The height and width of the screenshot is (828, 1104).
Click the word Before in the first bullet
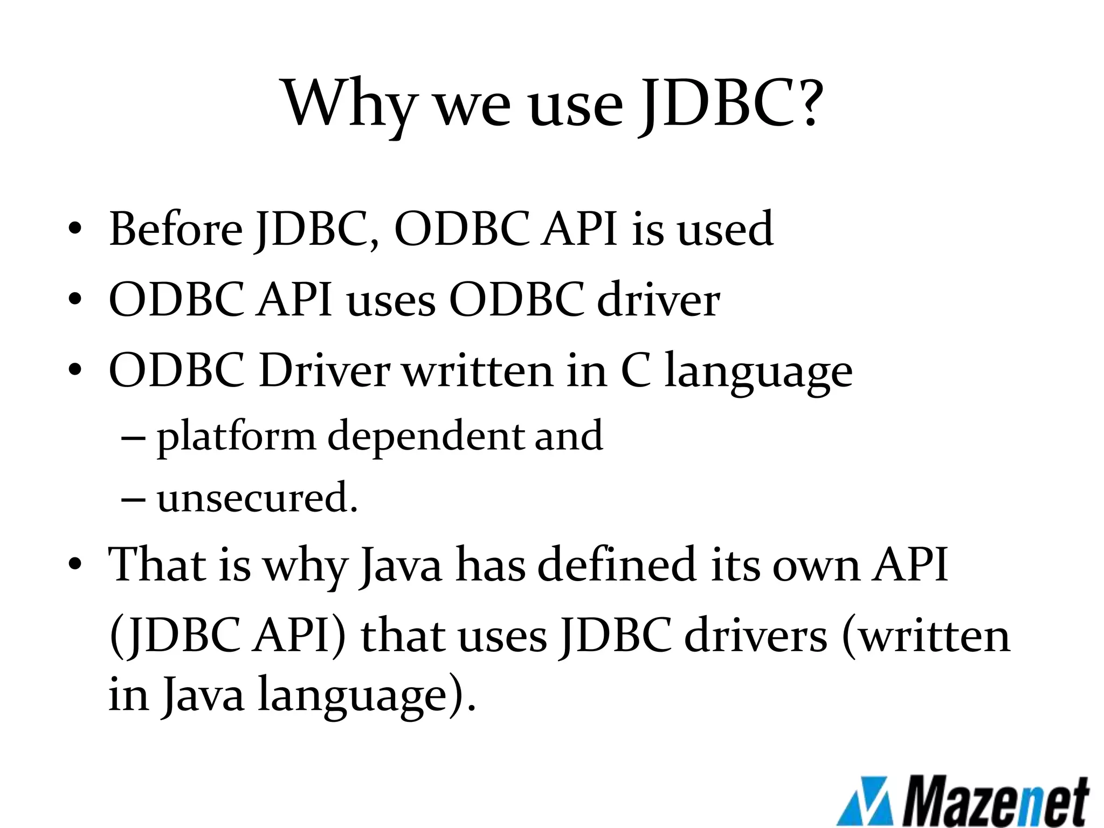(x=176, y=229)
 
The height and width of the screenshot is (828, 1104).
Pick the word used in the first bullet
(x=725, y=229)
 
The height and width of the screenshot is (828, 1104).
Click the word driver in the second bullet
(x=658, y=300)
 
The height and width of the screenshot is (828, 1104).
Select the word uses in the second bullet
(x=391, y=301)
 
